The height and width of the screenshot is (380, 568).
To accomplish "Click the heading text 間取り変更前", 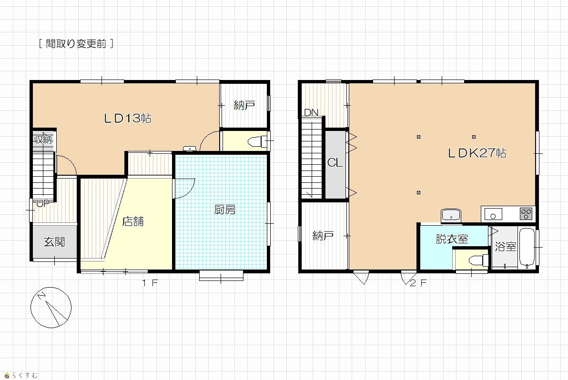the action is (76, 44).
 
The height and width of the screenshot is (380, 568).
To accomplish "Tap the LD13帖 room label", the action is (128, 118).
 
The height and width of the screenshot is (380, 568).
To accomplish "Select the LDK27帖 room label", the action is (477, 153).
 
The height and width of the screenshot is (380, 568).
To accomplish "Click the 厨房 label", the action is (225, 210).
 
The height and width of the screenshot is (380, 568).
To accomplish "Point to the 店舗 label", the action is (133, 221).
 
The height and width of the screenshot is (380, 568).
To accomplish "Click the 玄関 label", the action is (54, 241).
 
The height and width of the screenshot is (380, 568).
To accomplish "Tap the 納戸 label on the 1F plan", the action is (244, 105).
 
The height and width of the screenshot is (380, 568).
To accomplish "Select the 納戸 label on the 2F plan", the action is (323, 236).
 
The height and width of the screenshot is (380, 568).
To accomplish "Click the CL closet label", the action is (335, 163).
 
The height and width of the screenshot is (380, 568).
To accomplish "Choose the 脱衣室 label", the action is (452, 239).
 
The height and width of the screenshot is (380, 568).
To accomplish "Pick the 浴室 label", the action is (505, 247).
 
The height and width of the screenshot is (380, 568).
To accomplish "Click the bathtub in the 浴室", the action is (527, 248).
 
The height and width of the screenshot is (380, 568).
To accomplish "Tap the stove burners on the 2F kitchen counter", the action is (526, 213).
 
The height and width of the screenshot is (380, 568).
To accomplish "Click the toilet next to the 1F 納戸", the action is (258, 141).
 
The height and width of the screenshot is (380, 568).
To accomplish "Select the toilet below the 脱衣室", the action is (478, 260).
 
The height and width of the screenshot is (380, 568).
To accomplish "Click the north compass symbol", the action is (51, 308).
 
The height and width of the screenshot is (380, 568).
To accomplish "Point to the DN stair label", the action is (311, 112).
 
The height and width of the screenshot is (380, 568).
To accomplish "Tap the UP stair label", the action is (43, 203).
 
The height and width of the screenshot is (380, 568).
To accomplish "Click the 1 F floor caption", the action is (150, 283).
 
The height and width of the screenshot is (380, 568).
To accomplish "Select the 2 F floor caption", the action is (418, 283).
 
